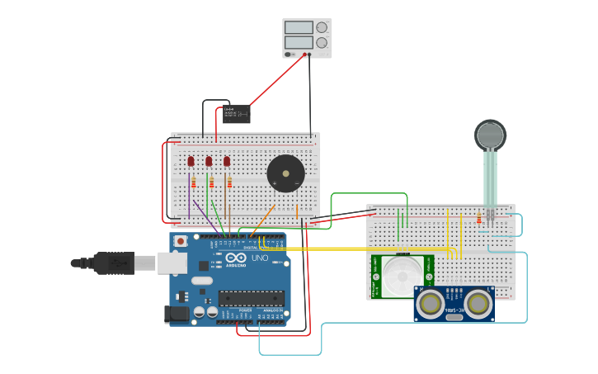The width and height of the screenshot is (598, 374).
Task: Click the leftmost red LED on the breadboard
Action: coord(191,161)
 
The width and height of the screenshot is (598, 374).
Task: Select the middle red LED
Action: coord(209,161)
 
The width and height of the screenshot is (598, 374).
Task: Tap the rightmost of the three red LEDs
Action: coord(227,161)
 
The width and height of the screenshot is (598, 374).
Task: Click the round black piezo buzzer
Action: coord(285,173)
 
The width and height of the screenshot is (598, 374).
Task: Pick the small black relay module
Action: coord(236,114)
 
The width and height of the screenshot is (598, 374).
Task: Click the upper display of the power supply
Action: coord(298,27)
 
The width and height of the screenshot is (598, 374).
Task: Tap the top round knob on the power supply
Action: coord(321,27)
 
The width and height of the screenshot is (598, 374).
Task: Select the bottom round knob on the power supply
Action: coord(321,42)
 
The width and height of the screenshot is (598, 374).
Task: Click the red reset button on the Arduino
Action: coord(180,241)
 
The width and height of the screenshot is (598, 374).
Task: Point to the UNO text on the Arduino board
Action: coord(259,258)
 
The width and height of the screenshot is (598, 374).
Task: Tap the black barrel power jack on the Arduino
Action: coord(177,313)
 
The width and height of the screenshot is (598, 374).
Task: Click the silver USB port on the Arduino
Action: coord(172,263)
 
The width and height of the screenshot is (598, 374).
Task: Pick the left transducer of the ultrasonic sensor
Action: coord(431,304)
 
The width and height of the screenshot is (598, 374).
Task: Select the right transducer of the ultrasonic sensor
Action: coord(478,304)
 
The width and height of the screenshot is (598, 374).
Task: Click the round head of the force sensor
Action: coord(490,135)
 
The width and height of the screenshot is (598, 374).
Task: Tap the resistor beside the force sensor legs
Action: coord(479,219)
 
